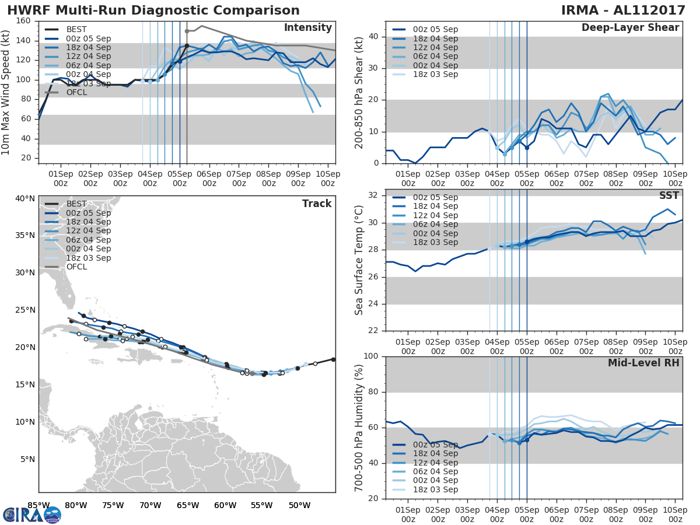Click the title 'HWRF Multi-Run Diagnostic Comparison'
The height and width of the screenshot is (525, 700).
click(153, 10)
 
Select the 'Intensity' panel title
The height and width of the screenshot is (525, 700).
click(307, 28)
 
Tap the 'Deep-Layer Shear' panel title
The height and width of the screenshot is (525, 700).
click(630, 28)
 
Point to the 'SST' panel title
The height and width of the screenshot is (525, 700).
click(669, 196)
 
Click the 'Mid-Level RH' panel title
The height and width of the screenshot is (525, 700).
click(643, 363)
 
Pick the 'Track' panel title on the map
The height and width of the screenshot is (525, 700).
click(317, 204)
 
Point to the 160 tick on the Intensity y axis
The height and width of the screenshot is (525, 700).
click(23, 21)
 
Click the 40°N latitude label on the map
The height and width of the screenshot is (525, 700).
click(25, 198)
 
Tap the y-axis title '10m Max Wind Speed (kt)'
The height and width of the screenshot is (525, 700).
click(6, 92)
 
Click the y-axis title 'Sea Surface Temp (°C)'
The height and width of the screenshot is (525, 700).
click(359, 260)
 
